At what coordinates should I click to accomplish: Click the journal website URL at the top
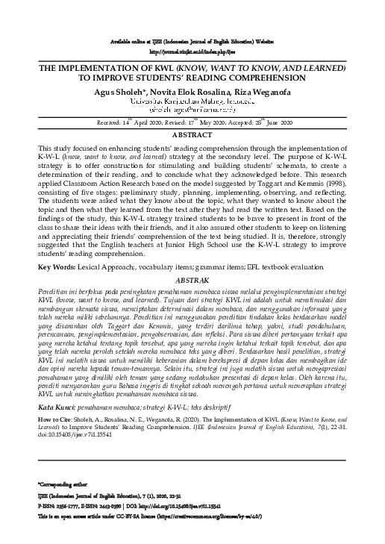tap(192, 53)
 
